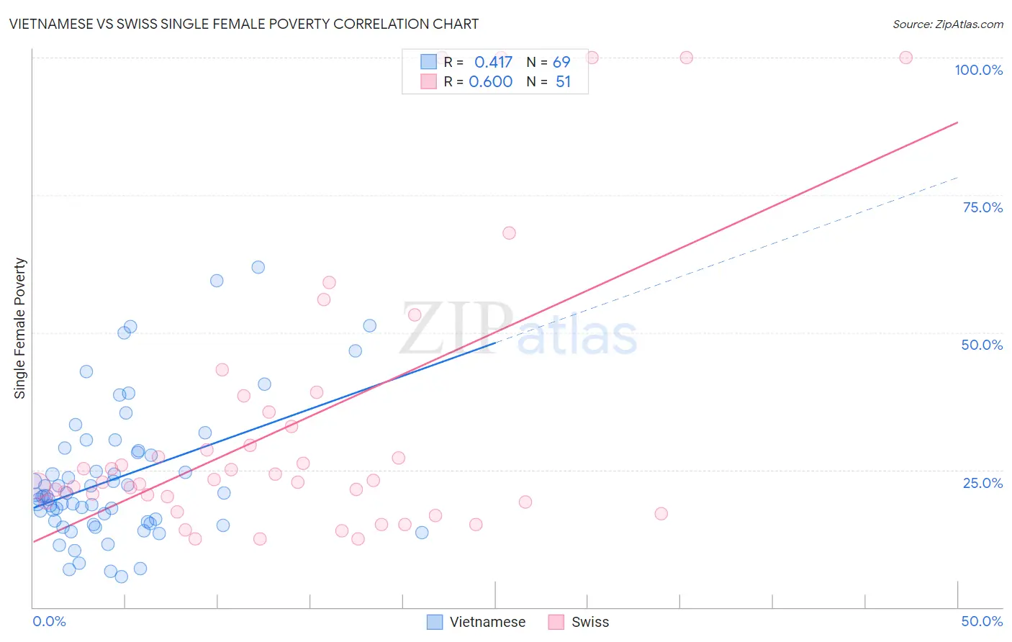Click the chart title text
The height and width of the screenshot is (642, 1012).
coord(244,24)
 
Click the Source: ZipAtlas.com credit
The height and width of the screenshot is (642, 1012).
coord(947,24)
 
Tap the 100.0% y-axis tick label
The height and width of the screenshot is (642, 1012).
coord(978,70)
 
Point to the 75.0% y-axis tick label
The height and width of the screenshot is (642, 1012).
coord(982,207)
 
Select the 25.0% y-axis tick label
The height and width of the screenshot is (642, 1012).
coord(982,482)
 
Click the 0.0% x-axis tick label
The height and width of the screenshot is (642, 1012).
coord(49,621)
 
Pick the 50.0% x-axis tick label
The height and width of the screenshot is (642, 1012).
coord(982,621)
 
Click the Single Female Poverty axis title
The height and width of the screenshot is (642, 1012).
coord(20,328)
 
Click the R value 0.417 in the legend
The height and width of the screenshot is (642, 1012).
coord(493,62)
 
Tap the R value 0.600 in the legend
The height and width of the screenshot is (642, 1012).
coord(491,81)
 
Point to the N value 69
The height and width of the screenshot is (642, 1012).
coord(561,62)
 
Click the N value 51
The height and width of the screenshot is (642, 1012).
coord(563,81)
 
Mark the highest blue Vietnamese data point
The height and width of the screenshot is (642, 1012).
coord(258,267)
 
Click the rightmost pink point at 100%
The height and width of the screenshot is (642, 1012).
coord(905,58)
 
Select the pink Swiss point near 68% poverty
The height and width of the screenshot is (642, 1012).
coord(509,232)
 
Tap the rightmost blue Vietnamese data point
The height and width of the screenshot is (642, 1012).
coord(422,533)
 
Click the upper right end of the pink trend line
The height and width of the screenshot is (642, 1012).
coord(957,123)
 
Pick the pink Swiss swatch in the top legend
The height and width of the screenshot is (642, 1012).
coord(429,81)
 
